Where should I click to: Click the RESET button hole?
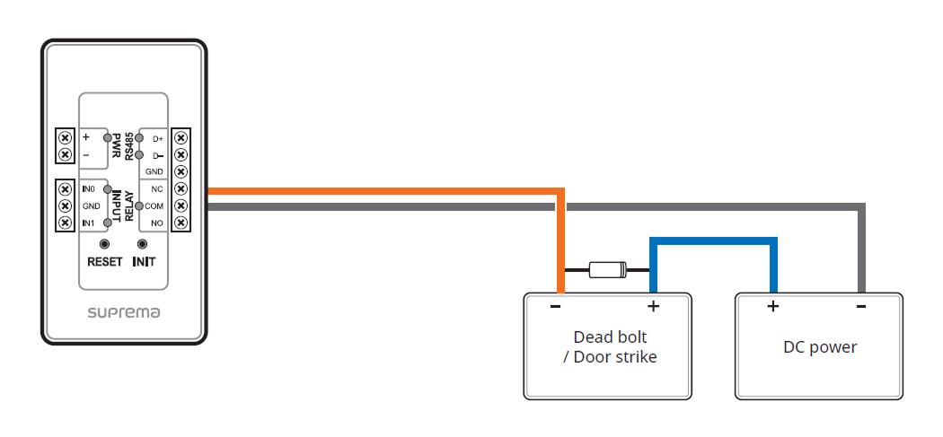[x=105, y=244]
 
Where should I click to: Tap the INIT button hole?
[x=142, y=244]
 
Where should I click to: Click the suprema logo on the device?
[x=124, y=313]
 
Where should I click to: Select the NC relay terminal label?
[x=156, y=189]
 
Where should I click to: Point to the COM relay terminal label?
[x=154, y=206]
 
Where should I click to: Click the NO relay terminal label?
[x=156, y=223]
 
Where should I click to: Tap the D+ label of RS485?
[x=157, y=139]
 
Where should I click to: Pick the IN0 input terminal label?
[x=88, y=189]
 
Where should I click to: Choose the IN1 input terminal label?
[x=88, y=223]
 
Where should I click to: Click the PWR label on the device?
[x=116, y=146]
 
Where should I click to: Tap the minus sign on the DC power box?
[x=860, y=307]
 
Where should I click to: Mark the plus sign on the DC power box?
[x=771, y=307]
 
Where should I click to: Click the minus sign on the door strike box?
[x=556, y=307]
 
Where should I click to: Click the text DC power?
[x=820, y=347]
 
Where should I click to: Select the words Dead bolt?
[x=610, y=337]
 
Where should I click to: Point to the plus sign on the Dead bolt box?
[x=653, y=307]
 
